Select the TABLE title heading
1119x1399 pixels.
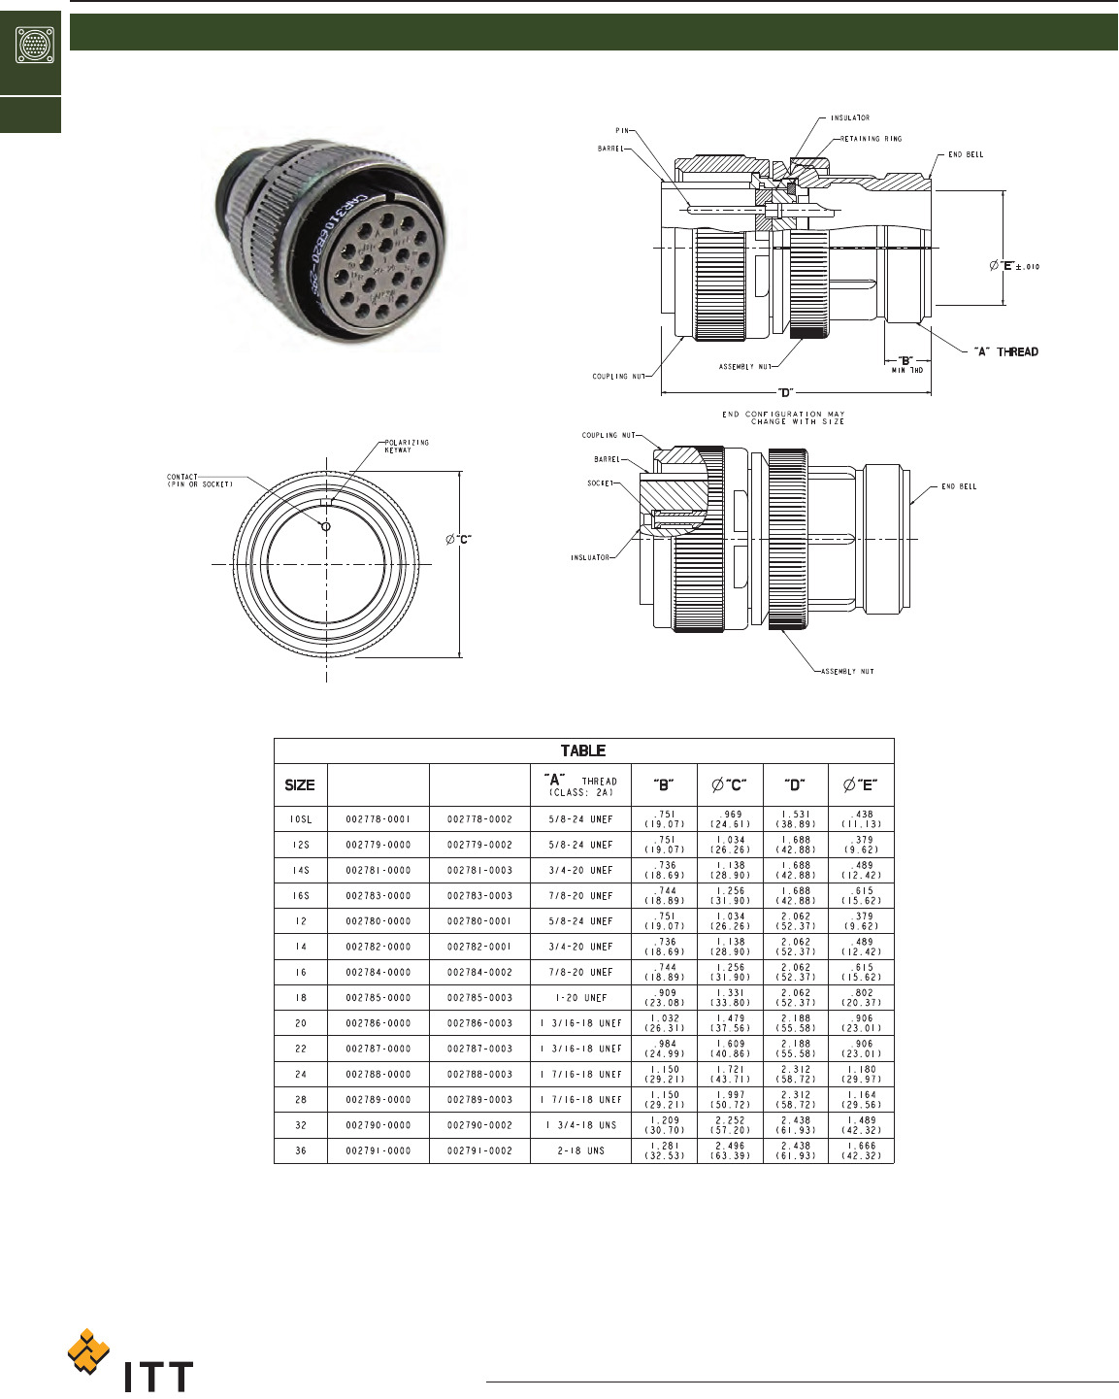[582, 750]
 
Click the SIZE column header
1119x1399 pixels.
[300, 785]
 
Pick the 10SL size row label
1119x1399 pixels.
[301, 819]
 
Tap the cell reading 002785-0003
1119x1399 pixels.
[479, 998]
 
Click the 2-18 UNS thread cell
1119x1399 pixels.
[581, 1150]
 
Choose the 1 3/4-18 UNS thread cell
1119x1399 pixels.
[581, 1125]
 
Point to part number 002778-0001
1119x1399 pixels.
[378, 819]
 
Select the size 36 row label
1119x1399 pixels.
[301, 1150]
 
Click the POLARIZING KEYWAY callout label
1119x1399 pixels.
[407, 446]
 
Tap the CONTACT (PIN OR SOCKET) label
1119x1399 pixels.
[200, 481]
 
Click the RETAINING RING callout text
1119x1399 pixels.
[871, 139]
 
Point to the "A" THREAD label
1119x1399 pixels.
[1006, 351]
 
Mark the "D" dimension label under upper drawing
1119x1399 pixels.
[786, 393]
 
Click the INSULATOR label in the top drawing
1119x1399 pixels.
[850, 118]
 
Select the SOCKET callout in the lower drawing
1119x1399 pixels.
[600, 483]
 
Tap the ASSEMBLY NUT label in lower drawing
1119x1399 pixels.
[847, 672]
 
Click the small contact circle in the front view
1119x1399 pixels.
[326, 526]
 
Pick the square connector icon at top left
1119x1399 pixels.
[35, 44]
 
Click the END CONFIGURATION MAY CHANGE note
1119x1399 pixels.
[783, 417]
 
